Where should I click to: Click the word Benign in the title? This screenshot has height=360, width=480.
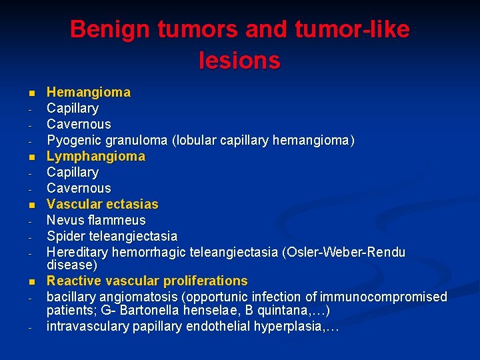click(x=111, y=29)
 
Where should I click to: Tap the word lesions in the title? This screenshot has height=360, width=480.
click(x=239, y=61)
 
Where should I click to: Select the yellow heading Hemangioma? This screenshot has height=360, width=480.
click(x=88, y=92)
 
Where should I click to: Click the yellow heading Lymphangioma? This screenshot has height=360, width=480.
click(x=95, y=156)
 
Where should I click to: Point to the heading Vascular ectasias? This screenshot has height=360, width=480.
click(x=102, y=204)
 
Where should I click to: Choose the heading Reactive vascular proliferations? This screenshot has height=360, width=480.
click(x=147, y=281)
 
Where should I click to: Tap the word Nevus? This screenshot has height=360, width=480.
click(x=63, y=220)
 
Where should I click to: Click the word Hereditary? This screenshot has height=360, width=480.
click(x=77, y=252)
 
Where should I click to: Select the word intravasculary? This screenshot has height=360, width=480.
click(x=87, y=327)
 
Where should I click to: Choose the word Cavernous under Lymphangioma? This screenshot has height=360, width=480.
click(x=78, y=188)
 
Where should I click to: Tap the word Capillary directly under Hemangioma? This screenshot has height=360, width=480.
click(x=72, y=108)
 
